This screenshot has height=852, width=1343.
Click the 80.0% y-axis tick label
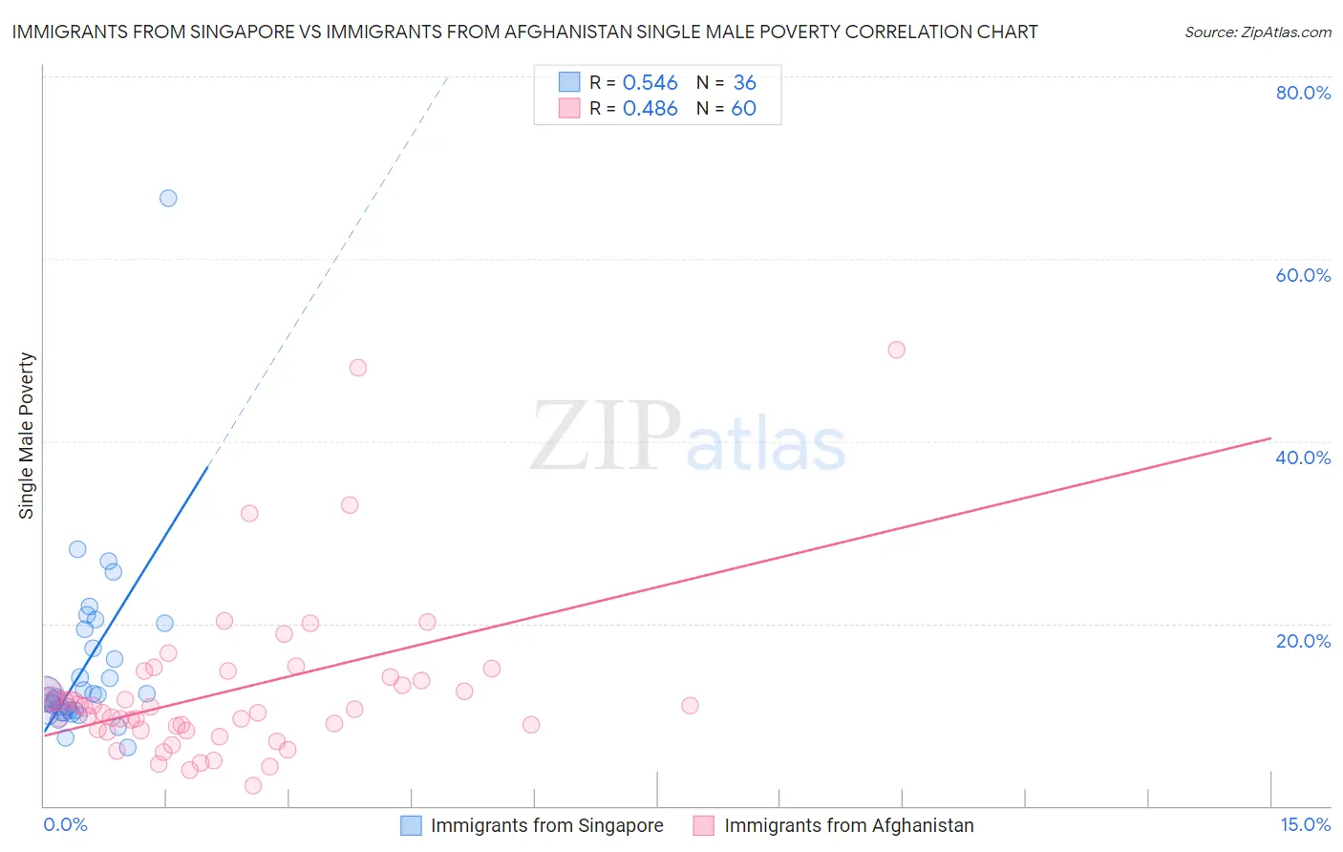pos(1303,93)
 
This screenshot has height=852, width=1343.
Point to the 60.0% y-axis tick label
pos(1303,275)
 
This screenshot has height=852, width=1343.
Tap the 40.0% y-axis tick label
pos(1303,458)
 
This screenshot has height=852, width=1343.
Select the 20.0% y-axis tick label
pos(1303,641)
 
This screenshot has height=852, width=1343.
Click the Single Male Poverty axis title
pos(27,436)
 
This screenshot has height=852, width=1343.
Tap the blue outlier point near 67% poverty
pos(168,199)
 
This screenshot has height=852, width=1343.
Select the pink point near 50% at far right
pos(896,350)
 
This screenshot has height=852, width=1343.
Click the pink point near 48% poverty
pos(358,368)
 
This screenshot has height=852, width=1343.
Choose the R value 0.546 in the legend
pos(650,83)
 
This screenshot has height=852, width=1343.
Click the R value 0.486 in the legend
pos(650,109)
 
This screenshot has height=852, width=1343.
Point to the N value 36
pos(744,83)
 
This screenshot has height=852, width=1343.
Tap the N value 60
pos(743,109)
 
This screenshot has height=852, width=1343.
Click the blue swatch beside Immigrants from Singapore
pos(411,826)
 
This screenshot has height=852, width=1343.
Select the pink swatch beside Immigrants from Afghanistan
pos(704,826)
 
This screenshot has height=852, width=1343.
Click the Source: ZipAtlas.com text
pos(1257,32)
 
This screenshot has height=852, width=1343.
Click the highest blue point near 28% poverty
pos(77,549)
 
